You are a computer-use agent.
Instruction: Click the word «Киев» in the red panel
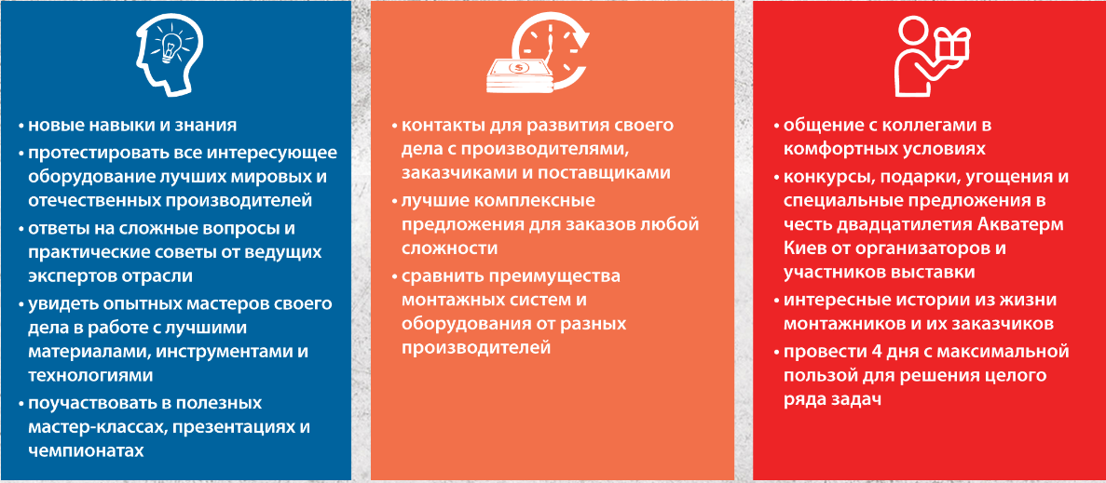tap(803, 249)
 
